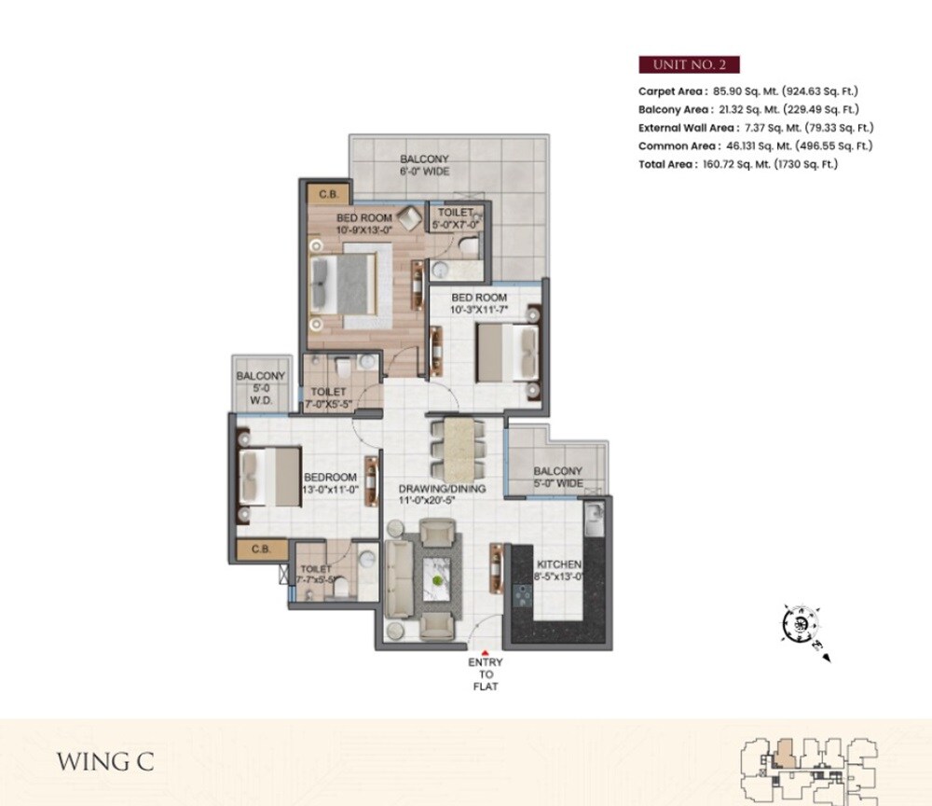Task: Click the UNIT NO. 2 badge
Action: click(689, 64)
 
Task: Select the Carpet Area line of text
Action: click(747, 91)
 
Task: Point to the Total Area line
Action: click(738, 164)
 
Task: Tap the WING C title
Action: click(105, 761)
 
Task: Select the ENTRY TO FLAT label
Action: click(485, 674)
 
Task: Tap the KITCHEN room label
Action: click(559, 571)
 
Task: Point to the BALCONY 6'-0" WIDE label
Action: click(425, 165)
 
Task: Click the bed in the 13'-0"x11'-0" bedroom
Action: click(269, 477)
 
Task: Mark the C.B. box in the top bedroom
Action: click(327, 194)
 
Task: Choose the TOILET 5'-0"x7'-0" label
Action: click(456, 218)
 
